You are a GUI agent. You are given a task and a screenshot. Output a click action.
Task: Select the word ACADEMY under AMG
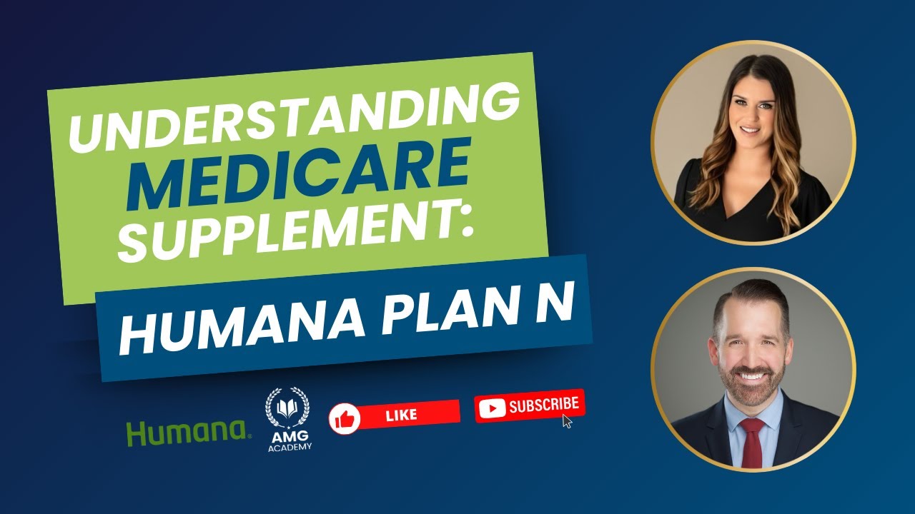pos(289,447)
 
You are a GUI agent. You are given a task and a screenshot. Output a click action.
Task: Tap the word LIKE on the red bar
pos(402,414)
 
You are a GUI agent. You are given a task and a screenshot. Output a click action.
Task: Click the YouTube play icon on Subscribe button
pos(493,408)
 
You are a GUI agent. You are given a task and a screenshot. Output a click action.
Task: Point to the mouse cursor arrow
pos(568,420)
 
